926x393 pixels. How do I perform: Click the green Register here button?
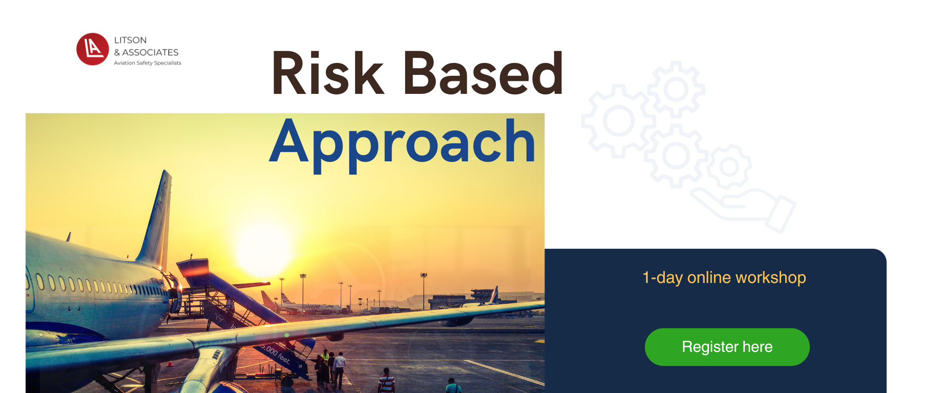click(x=727, y=347)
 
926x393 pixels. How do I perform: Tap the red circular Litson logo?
click(x=93, y=49)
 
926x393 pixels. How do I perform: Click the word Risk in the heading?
click(x=328, y=73)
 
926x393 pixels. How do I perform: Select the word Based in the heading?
click(x=483, y=73)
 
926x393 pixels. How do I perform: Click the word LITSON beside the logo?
click(x=130, y=40)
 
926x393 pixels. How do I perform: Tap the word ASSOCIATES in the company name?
click(x=150, y=52)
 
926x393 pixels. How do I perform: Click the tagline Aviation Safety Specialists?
click(x=148, y=63)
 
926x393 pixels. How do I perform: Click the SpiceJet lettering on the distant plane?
click(x=311, y=307)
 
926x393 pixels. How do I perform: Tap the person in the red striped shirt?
click(x=386, y=381)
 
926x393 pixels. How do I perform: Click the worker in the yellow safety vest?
click(x=325, y=358)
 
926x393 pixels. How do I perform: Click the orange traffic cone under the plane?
click(x=169, y=363)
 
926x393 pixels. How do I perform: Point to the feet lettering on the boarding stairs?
click(x=283, y=358)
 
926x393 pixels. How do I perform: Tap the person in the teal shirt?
click(x=453, y=386)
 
